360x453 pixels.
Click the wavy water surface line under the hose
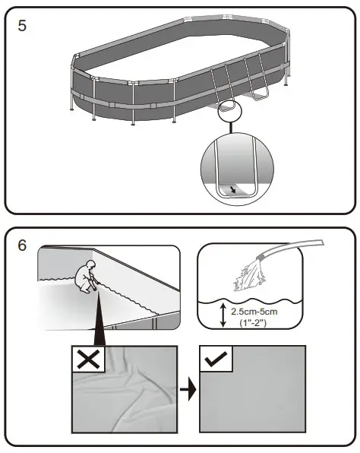pyautogui.click(x=251, y=295)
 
